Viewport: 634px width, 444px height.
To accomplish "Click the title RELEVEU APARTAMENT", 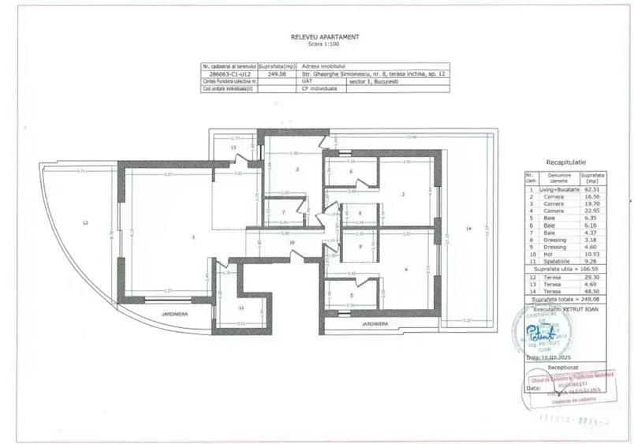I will point(325,37).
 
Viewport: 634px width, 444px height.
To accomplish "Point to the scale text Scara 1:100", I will point(325,44).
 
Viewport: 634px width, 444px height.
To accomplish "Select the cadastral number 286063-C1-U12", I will point(229,74).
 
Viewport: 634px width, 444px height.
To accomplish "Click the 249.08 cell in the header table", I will point(277,74).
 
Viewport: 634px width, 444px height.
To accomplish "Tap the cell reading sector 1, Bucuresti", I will point(330,81).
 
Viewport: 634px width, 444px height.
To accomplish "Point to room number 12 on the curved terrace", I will point(84,223).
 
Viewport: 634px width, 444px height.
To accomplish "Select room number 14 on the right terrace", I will point(468,228).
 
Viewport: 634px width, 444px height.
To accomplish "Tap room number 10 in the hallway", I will point(292,242).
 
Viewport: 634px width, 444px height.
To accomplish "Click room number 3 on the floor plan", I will point(402,194).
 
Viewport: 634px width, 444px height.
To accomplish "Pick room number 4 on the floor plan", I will point(406,270).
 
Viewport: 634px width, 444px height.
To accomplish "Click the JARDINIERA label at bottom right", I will point(375,323).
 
